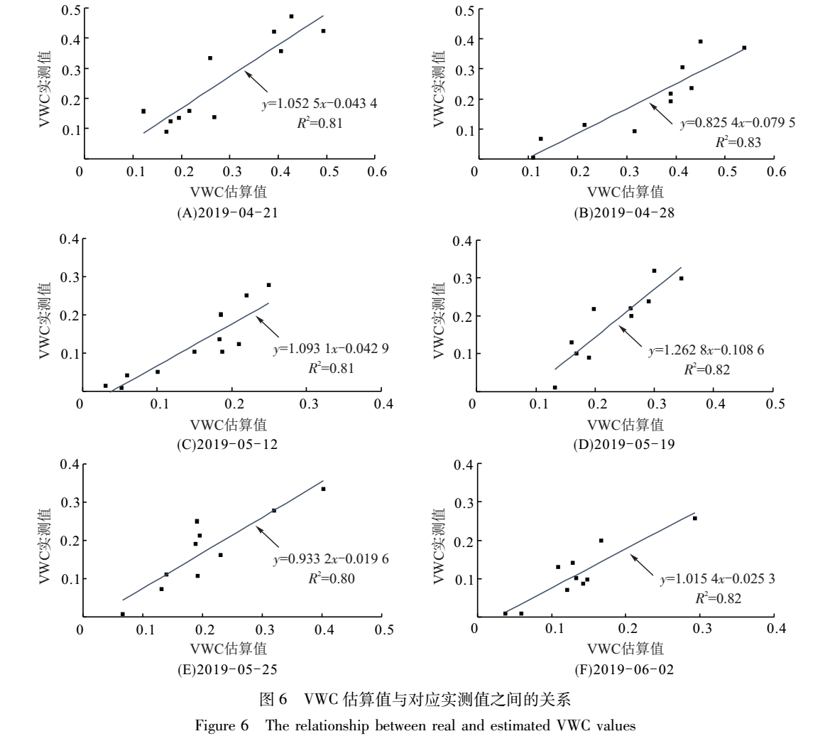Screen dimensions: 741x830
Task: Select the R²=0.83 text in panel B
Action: pos(738,142)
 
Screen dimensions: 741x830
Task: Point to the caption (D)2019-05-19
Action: pos(625,444)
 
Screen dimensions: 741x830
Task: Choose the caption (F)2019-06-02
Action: pos(625,669)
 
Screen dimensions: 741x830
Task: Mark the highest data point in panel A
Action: pos(291,16)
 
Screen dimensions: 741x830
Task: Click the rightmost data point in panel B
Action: pos(744,48)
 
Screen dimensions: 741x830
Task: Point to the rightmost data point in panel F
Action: pos(694,518)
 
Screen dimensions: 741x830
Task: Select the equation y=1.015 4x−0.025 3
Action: pos(717,580)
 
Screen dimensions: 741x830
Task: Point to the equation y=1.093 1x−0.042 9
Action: pos(331,350)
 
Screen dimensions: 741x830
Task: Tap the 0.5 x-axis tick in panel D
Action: pos(775,402)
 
